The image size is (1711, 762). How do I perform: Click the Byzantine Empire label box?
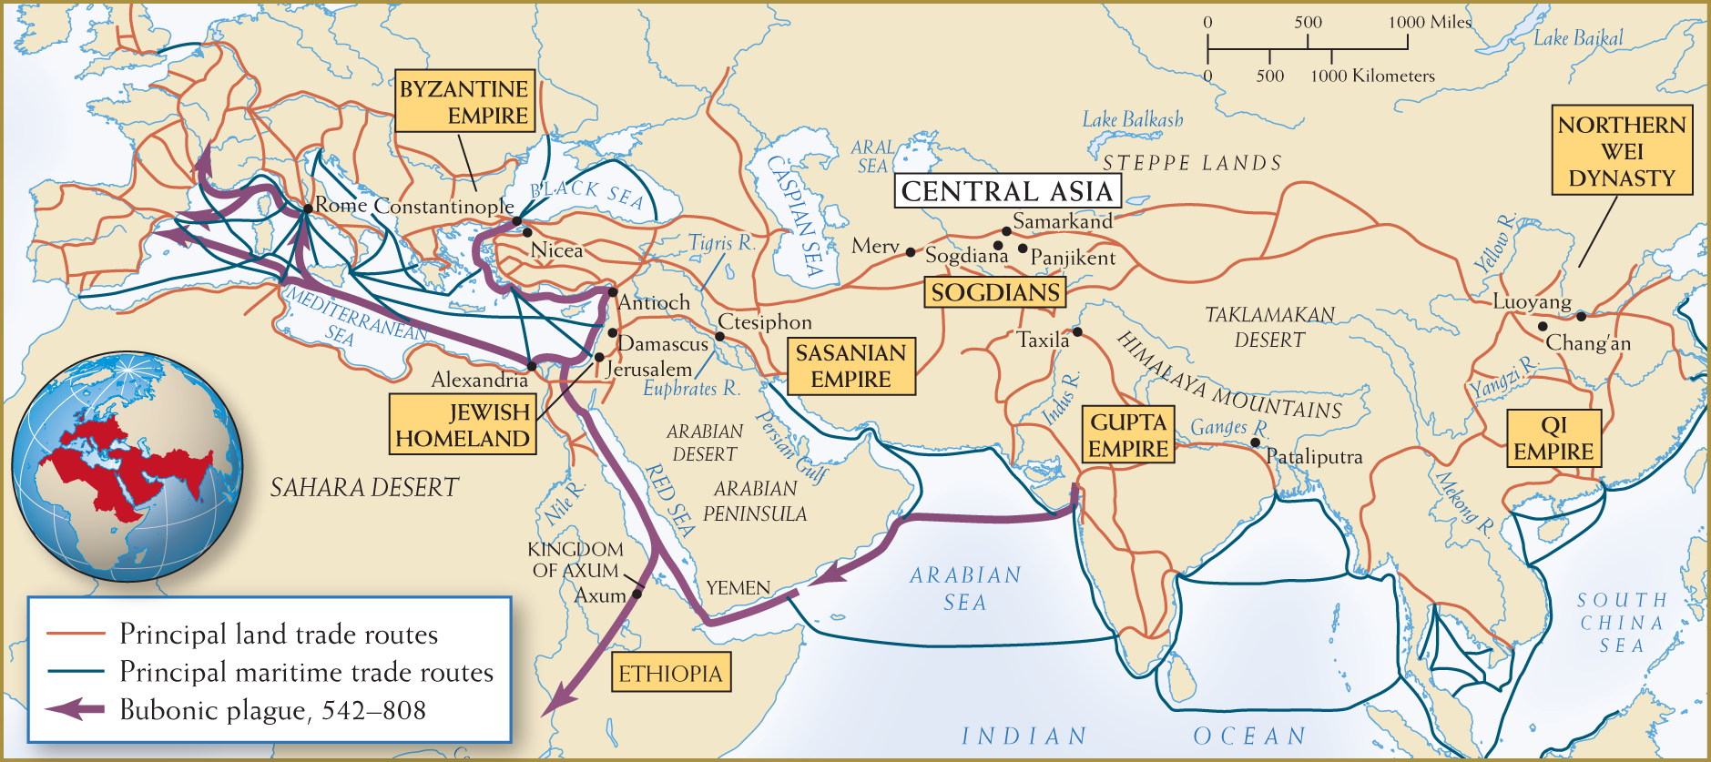[463, 102]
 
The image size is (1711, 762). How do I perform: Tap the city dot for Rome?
[308, 208]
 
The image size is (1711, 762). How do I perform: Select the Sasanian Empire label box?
[850, 366]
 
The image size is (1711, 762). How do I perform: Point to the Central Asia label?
[1007, 191]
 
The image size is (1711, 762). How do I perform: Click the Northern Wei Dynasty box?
[1622, 151]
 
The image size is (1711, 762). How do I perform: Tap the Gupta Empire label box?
[1128, 435]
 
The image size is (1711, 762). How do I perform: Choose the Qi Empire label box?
[1553, 439]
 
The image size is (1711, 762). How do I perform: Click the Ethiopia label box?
[670, 674]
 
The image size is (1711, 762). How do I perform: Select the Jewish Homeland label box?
[463, 425]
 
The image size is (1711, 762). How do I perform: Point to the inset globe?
[127, 466]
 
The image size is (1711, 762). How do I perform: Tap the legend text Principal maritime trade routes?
[306, 672]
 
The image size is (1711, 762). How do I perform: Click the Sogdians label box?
[995, 292]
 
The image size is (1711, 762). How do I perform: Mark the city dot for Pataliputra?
[1256, 442]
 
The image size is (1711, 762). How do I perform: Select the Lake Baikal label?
[1578, 38]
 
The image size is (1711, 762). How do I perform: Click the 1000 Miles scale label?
[1429, 22]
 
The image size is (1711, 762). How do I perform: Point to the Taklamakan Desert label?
[1269, 327]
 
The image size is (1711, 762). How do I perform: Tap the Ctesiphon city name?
[765, 322]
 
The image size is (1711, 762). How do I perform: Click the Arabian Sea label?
[965, 588]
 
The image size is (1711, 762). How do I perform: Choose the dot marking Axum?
[637, 594]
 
